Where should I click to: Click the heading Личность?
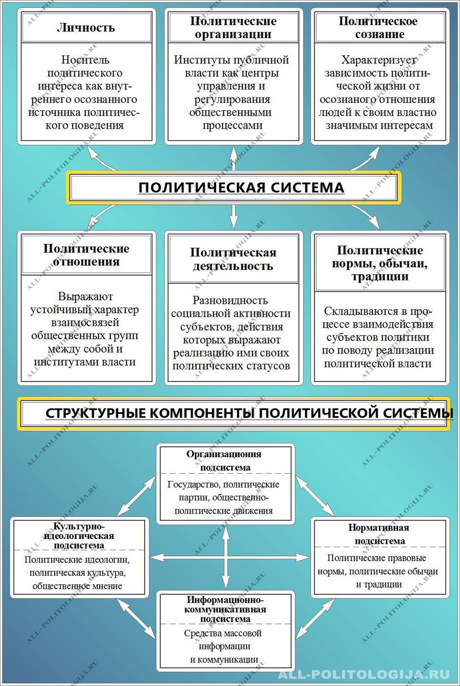[86, 28]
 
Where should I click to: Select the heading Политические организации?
[233, 28]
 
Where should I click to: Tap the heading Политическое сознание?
[379, 28]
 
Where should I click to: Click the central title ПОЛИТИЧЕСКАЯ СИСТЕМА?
[241, 187]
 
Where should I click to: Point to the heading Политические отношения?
[86, 255]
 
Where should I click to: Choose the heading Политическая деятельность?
[233, 259]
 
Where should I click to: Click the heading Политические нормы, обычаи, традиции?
[379, 263]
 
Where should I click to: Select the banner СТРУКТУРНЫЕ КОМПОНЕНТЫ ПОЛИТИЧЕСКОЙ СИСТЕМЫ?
[249, 413]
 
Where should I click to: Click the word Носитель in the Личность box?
[85, 59]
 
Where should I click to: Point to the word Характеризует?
[379, 60]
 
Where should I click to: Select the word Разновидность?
[230, 300]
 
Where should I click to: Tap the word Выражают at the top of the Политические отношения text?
[86, 296]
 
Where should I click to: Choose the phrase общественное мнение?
[77, 586]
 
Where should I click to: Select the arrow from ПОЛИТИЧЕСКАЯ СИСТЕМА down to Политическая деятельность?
[234, 216]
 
